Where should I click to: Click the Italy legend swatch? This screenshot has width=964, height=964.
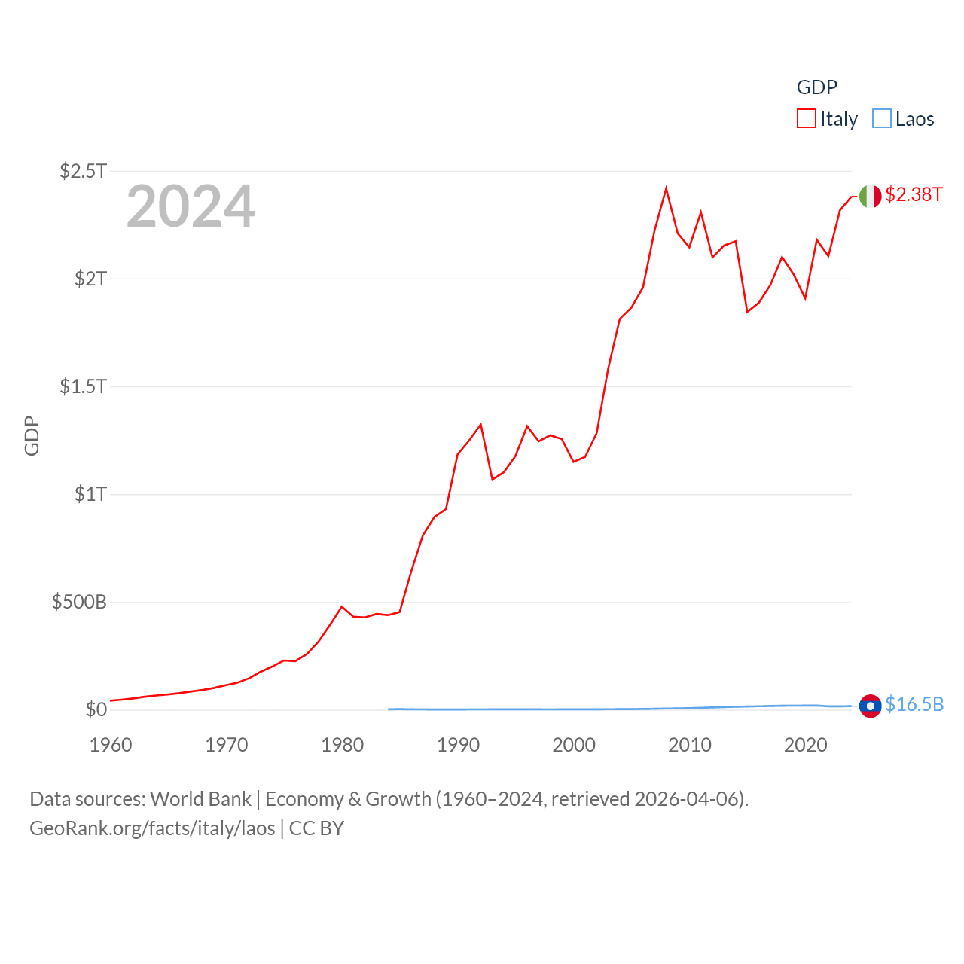(807, 119)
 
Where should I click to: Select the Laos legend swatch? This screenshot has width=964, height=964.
(882, 119)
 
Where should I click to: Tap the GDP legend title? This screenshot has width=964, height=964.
(817, 87)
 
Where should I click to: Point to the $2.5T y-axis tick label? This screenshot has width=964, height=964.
(84, 171)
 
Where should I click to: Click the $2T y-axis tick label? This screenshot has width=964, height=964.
(91, 279)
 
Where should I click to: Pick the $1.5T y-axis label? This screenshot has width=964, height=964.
(84, 386)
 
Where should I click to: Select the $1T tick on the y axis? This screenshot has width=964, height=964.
(91, 494)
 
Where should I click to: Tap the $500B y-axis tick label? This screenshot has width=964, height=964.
(79, 602)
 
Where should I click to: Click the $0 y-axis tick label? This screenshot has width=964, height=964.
(96, 709)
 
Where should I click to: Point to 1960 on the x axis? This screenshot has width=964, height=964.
(111, 745)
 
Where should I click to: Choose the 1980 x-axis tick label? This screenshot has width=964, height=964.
(342, 745)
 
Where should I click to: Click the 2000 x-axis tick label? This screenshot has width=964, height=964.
(574, 745)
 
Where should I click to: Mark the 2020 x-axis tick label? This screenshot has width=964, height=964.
(806, 745)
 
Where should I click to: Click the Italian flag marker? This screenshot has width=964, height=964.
(871, 196)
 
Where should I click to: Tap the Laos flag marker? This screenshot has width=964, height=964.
(871, 706)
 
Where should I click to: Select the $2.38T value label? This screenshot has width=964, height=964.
(914, 194)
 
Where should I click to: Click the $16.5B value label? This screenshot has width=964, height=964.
(914, 704)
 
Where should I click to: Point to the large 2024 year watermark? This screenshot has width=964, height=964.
(191, 206)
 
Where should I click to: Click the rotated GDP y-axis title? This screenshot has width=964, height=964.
(32, 435)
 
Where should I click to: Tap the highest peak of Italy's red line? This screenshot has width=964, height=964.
(667, 188)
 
